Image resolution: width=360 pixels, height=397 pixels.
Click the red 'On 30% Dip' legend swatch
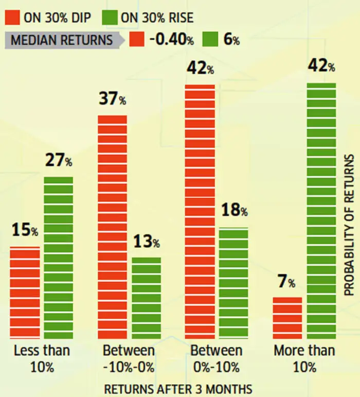coord(12,17)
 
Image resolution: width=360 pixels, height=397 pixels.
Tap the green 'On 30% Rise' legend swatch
coord(111,17)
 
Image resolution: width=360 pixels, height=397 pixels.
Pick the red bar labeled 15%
coord(25,292)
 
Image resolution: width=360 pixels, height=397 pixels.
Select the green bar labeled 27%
coord(58,257)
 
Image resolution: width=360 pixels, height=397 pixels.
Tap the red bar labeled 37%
coord(112,227)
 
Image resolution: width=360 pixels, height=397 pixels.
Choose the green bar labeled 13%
coord(146,298)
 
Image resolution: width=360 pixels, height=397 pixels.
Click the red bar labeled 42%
coord(200,211)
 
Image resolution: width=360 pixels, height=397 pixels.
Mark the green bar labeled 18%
coord(233,283)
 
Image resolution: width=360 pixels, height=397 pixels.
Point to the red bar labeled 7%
coord(287,317)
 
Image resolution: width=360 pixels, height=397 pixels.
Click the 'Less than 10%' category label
coord(42,359)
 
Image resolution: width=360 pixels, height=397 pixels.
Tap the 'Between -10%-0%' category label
coord(129,359)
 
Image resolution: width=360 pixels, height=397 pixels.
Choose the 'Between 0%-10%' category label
coord(216,359)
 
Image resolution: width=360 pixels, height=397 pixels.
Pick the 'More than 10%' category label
coord(304,359)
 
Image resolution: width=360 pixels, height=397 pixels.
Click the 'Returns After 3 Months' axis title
coord(178,388)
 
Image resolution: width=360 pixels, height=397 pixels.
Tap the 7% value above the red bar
coord(284,282)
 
